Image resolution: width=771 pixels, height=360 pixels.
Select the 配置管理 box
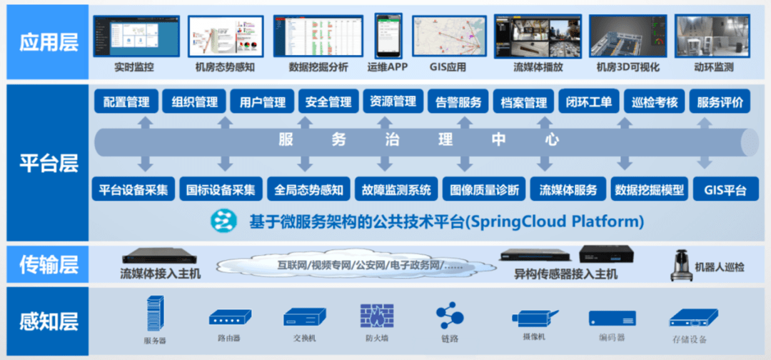[x=126, y=101]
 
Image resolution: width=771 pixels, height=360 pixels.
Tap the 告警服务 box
[x=458, y=101]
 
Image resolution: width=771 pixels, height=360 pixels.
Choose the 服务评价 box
[x=720, y=101]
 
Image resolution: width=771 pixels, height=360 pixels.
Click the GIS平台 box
[x=725, y=190]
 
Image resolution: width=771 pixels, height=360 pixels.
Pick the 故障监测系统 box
[x=396, y=190]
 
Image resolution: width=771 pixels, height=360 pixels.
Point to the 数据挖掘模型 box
[x=650, y=190]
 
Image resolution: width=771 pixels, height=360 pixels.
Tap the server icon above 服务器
[x=155, y=314]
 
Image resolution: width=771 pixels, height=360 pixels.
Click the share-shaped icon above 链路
[x=450, y=314]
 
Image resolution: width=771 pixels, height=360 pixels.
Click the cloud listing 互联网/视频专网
[x=357, y=264]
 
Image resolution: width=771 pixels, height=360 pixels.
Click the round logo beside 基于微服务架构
[x=223, y=221]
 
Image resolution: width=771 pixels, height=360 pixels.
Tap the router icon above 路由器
[x=229, y=317]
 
